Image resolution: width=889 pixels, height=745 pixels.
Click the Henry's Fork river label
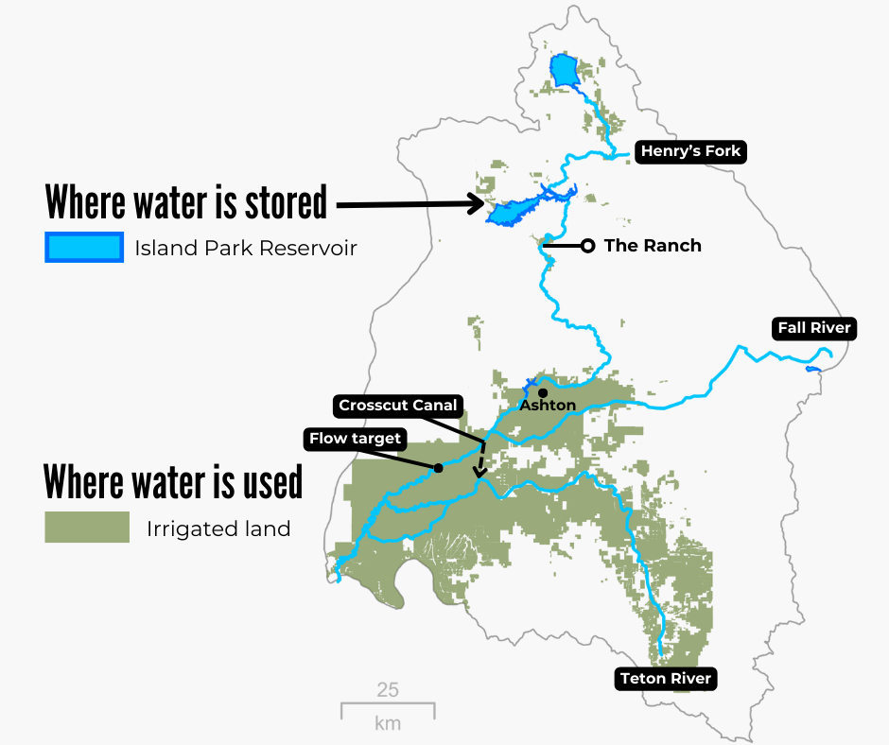(690, 151)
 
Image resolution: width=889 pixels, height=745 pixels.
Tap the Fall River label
(814, 329)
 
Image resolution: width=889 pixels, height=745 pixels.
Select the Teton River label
(665, 679)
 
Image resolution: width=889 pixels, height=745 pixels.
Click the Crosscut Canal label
(398, 406)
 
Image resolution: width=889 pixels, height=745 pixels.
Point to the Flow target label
(356, 439)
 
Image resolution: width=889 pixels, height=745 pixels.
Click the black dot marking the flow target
(438, 468)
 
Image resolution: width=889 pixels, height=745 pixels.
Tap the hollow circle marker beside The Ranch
(587, 246)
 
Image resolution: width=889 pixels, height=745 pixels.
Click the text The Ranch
(653, 246)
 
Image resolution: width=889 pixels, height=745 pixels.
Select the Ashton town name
(548, 406)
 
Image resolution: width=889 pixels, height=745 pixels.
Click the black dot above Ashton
(542, 392)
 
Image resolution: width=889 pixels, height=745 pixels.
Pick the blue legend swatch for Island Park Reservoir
(83, 248)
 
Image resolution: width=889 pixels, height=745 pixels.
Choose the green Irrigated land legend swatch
(87, 528)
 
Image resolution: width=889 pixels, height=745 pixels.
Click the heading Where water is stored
(186, 201)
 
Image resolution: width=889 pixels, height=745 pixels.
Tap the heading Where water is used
(173, 481)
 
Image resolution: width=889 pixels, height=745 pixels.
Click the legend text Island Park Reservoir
(245, 249)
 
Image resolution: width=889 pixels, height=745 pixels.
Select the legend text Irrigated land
(218, 528)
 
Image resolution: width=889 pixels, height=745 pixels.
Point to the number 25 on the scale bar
(388, 689)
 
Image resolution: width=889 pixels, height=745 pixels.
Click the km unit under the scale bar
(388, 724)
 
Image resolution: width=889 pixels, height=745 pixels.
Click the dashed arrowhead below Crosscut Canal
(479, 472)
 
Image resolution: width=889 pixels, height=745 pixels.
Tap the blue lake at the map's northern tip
(564, 70)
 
